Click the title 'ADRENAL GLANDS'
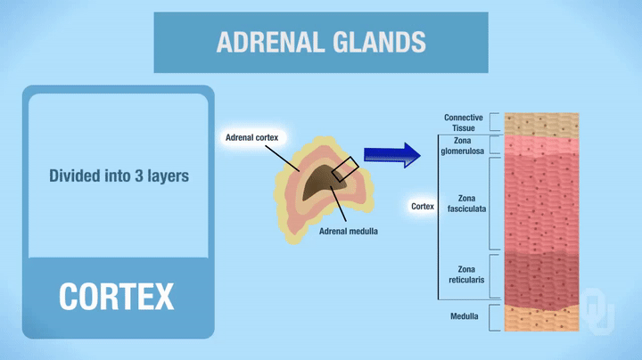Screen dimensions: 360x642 click(x=321, y=42)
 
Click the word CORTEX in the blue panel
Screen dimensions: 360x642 click(x=117, y=296)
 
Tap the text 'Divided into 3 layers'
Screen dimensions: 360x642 click(x=119, y=176)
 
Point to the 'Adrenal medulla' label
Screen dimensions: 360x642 click(x=349, y=232)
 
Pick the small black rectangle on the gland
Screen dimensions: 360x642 click(x=345, y=168)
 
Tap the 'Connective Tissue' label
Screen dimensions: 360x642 click(x=463, y=123)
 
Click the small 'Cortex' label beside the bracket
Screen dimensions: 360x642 click(x=423, y=206)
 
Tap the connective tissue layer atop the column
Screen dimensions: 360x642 click(x=540, y=123)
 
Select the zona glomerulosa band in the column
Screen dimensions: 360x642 click(x=540, y=146)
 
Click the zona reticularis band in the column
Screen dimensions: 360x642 click(x=540, y=276)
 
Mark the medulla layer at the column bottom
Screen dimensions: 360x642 click(x=540, y=317)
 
